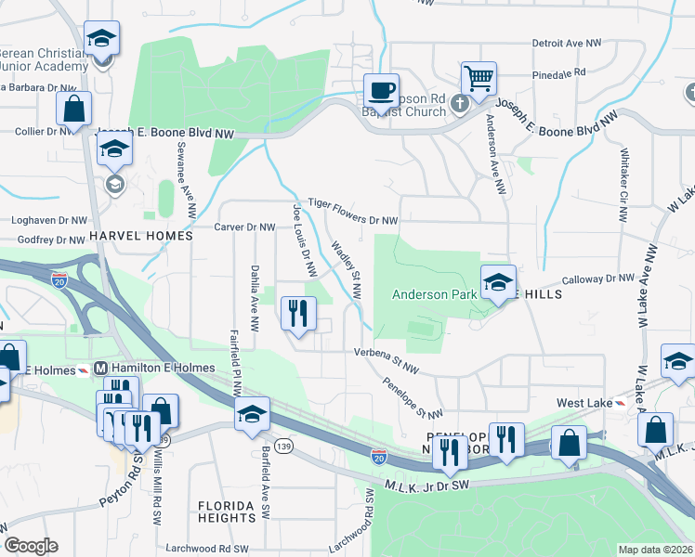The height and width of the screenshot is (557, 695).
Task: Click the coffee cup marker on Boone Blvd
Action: (x=380, y=90)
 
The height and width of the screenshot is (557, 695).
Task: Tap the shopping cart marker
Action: (x=479, y=79)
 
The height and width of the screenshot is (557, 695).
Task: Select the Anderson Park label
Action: (x=434, y=294)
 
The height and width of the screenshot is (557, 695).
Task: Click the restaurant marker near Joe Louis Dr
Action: (x=298, y=313)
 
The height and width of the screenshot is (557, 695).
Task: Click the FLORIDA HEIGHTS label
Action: (x=226, y=512)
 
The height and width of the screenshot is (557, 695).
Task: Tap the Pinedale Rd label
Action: (x=559, y=72)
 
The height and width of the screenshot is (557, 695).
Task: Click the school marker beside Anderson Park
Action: (x=498, y=282)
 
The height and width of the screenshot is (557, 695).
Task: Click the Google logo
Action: (x=31, y=546)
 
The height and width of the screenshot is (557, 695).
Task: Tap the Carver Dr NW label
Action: (x=245, y=227)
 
